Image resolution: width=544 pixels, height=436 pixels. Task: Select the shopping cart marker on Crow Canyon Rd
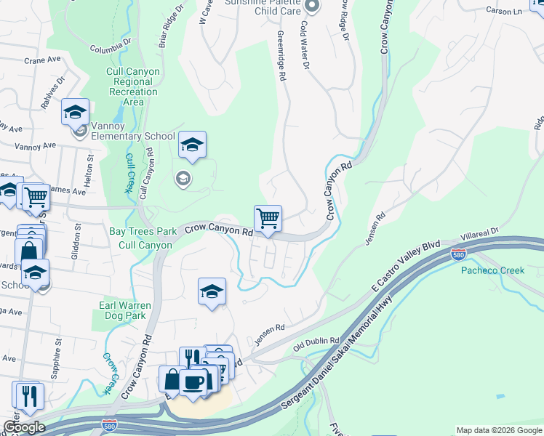(x=268, y=218)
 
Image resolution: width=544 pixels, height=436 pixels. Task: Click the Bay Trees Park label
(x=143, y=231)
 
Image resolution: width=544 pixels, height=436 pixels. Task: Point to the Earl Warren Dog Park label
(x=124, y=310)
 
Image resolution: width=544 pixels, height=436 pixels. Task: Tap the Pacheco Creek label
(x=492, y=270)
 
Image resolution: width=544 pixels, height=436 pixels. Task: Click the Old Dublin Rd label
(x=316, y=341)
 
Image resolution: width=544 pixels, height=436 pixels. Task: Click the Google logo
(x=24, y=427)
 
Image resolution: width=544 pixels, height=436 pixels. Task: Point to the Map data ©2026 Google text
(x=499, y=430)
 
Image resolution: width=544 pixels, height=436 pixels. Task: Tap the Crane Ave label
(x=40, y=61)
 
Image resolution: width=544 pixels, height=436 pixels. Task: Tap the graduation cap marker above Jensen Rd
(x=212, y=291)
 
